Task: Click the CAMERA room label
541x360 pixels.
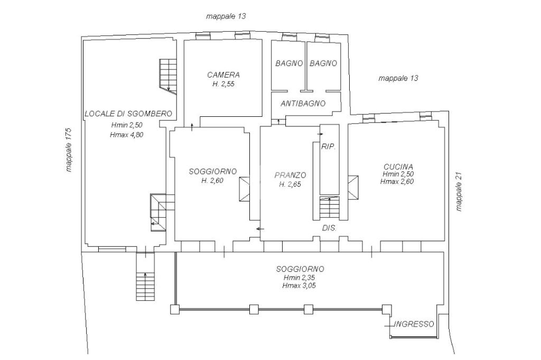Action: (x=223, y=75)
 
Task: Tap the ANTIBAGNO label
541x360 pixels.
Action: (x=303, y=104)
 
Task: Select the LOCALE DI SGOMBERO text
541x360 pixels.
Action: (x=128, y=114)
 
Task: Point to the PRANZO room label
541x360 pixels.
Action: (x=290, y=176)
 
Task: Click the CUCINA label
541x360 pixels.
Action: (x=398, y=167)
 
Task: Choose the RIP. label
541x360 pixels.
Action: (x=329, y=146)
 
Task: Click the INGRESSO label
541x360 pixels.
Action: (x=414, y=324)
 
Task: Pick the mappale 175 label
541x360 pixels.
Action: (x=69, y=150)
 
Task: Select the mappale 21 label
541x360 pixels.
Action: (x=459, y=191)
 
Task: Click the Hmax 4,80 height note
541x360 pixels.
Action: (x=127, y=135)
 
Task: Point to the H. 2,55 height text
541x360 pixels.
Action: (x=223, y=84)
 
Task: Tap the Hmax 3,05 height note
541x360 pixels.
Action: (x=299, y=285)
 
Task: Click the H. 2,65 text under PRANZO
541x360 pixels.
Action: (x=290, y=184)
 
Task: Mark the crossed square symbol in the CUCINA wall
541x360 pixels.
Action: (x=353, y=188)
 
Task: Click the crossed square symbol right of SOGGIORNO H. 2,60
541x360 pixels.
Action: (x=245, y=189)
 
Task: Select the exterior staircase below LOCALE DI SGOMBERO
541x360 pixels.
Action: (x=145, y=276)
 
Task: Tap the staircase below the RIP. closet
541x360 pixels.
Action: (x=330, y=208)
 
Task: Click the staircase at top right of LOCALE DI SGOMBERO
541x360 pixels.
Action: (x=167, y=76)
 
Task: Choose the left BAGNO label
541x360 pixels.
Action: (x=289, y=63)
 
